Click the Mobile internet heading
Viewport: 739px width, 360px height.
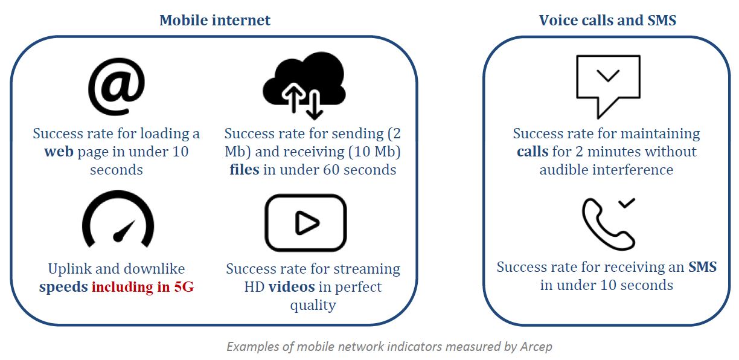click(x=215, y=20)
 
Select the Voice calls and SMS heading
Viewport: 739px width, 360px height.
click(x=607, y=20)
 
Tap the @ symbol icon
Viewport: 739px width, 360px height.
click(x=116, y=86)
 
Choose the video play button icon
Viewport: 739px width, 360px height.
click(x=306, y=223)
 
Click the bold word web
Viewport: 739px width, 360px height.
click(x=59, y=152)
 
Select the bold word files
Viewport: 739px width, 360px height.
click(x=244, y=170)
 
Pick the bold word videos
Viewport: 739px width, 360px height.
click(x=292, y=287)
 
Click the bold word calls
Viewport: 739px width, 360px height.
click(x=532, y=152)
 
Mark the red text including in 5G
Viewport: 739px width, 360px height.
click(x=142, y=287)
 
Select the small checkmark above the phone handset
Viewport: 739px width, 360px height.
click(x=626, y=204)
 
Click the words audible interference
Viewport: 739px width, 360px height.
click(x=606, y=170)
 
